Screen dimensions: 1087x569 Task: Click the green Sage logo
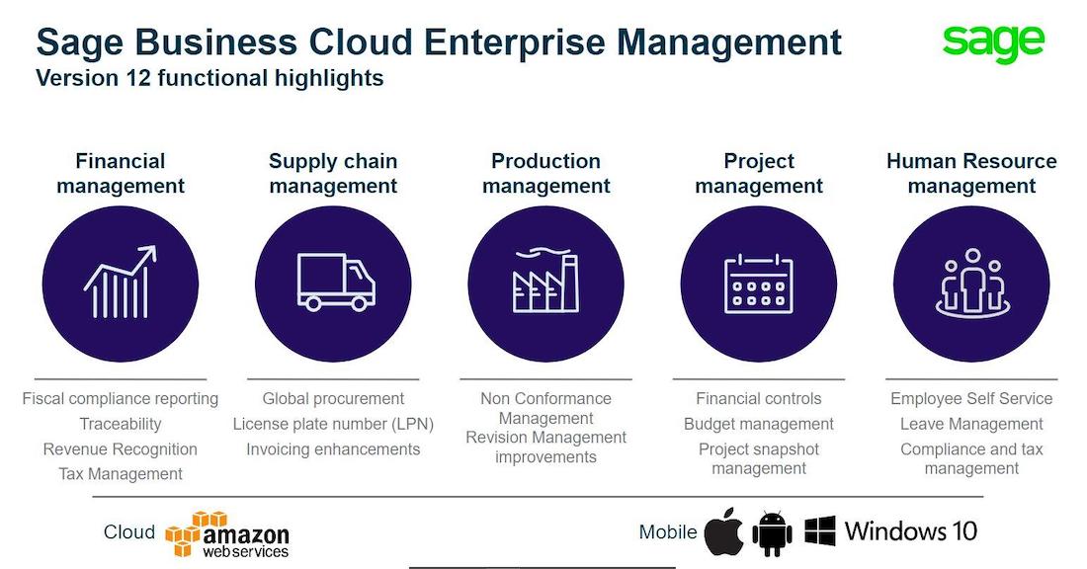coord(993,42)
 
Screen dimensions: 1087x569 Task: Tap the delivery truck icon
coord(336,282)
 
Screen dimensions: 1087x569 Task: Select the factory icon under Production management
coord(545,280)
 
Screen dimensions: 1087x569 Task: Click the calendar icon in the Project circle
coord(759,284)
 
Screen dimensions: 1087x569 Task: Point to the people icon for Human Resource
coord(972,283)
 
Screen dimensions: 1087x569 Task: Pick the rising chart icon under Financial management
coord(120,283)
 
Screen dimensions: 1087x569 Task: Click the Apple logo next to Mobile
coord(723,531)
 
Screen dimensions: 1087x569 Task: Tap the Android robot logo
coord(772,533)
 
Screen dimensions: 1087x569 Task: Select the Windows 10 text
coord(911,531)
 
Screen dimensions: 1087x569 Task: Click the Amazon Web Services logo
coord(227,534)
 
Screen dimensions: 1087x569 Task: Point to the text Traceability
coord(121,424)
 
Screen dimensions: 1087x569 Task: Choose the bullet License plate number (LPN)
coord(333,424)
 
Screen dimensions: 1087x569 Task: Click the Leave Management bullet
coord(971,424)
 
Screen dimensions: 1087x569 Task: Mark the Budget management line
coord(759,424)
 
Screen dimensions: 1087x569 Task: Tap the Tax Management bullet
coord(121,474)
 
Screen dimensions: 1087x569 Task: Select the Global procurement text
coord(333,398)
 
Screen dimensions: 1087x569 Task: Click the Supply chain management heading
coord(333,173)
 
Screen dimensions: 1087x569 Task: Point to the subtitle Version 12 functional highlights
coord(209,78)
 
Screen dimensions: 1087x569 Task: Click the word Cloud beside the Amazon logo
coord(128,531)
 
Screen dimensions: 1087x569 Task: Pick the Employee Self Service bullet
coord(971,398)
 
